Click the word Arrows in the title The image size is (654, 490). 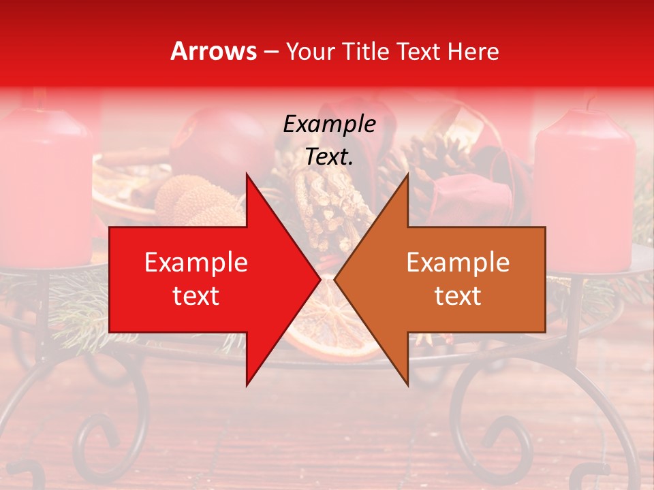click(214, 51)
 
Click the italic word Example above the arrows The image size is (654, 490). click(329, 124)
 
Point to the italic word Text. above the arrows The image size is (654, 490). click(329, 157)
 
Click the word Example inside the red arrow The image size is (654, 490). click(196, 262)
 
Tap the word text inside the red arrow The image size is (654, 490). click(196, 296)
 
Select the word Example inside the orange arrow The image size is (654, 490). click(458, 262)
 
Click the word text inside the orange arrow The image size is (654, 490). click(458, 296)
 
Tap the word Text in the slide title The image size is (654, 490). click(419, 51)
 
